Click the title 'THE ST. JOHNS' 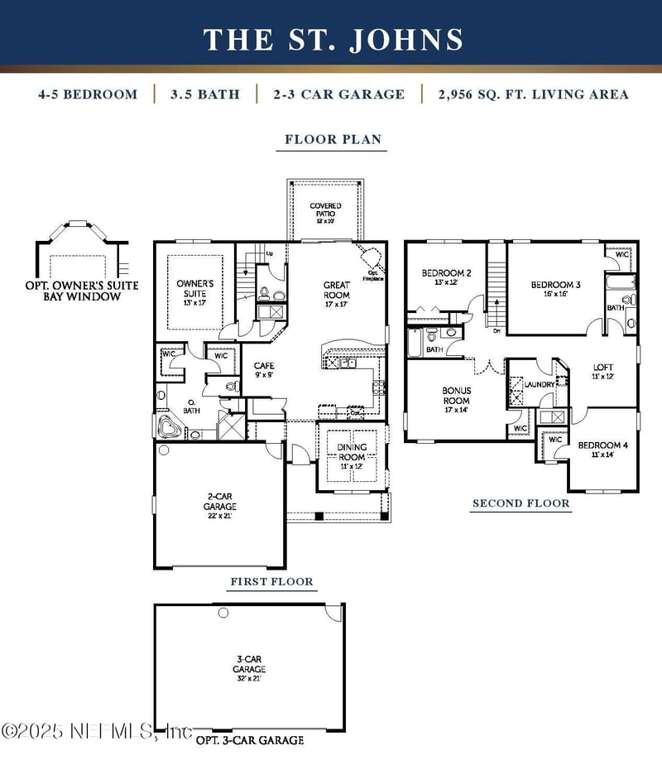pyautogui.click(x=333, y=39)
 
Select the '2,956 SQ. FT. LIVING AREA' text pyautogui.click(x=533, y=94)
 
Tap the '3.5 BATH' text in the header pyautogui.click(x=205, y=94)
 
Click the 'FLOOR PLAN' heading pyautogui.click(x=333, y=139)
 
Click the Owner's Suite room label pyautogui.click(x=195, y=291)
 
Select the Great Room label pyautogui.click(x=336, y=291)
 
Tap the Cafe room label pyautogui.click(x=264, y=370)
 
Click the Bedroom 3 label pyautogui.click(x=555, y=289)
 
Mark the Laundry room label pyautogui.click(x=539, y=385)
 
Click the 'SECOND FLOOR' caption pyautogui.click(x=520, y=503)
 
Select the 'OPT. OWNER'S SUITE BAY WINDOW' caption pyautogui.click(x=82, y=291)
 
